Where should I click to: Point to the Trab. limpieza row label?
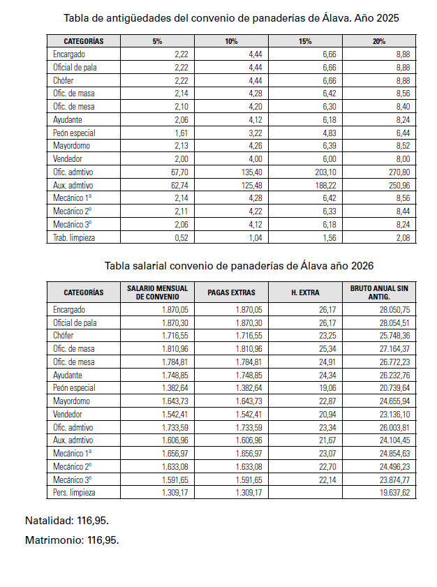click(x=74, y=238)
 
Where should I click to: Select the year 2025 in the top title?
click(x=387, y=17)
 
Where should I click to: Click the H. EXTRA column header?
click(x=305, y=292)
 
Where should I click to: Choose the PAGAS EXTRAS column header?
click(x=232, y=292)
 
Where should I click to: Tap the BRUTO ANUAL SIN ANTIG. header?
click(x=379, y=292)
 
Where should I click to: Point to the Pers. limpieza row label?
click(x=74, y=492)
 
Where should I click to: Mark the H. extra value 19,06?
click(x=327, y=387)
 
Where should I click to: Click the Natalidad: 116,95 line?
click(x=67, y=521)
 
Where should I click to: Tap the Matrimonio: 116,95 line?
click(x=72, y=540)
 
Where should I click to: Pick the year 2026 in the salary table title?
click(x=362, y=266)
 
